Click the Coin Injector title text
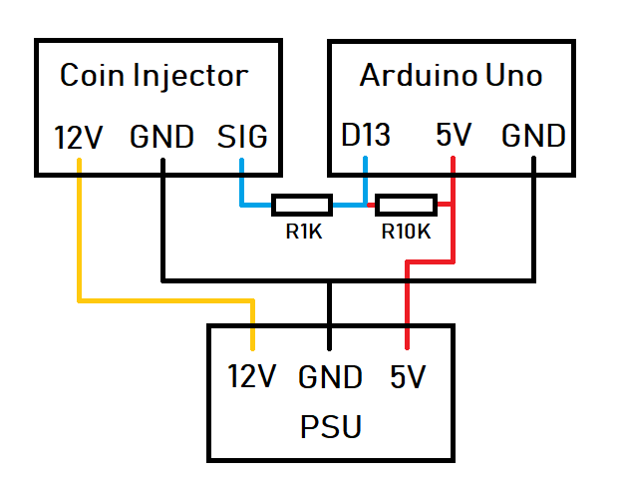click(154, 75)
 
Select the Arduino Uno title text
click(451, 75)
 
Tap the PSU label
click(330, 427)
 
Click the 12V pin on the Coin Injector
click(78, 137)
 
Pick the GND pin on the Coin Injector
click(161, 137)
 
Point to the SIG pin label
click(242, 137)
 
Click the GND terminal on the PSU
click(330, 377)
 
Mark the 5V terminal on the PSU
click(407, 377)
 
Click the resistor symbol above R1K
click(302, 206)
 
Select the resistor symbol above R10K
click(406, 206)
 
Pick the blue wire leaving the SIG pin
click(242, 185)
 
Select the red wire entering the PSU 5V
click(407, 299)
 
